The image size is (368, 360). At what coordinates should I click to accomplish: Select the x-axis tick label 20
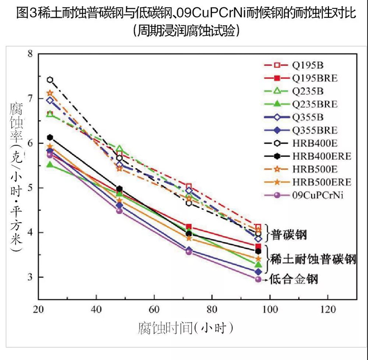pyautogui.click(x=39, y=309)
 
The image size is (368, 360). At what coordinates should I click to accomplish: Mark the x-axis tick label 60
pyautogui.click(x=154, y=309)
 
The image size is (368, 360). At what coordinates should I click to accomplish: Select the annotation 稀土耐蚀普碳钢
pyautogui.click(x=314, y=259)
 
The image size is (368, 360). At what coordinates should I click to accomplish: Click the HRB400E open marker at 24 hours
pyautogui.click(x=50, y=80)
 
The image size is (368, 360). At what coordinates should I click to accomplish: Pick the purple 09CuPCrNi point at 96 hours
pyautogui.click(x=258, y=279)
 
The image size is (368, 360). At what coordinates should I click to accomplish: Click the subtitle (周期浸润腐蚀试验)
pyautogui.click(x=184, y=30)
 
